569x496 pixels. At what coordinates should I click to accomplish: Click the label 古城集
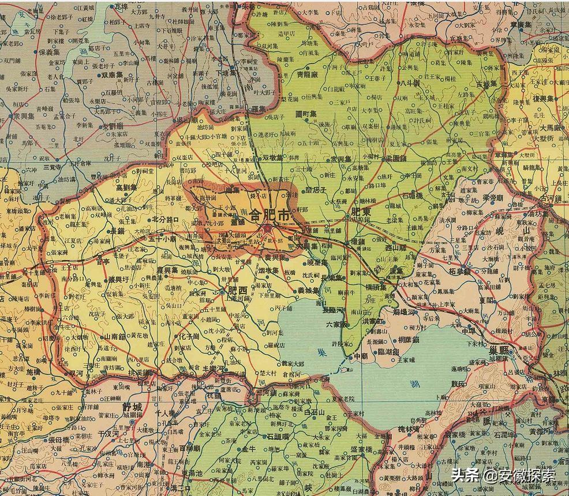486,84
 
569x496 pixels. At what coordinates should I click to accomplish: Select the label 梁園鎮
398,157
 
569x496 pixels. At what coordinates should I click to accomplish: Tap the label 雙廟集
113,75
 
